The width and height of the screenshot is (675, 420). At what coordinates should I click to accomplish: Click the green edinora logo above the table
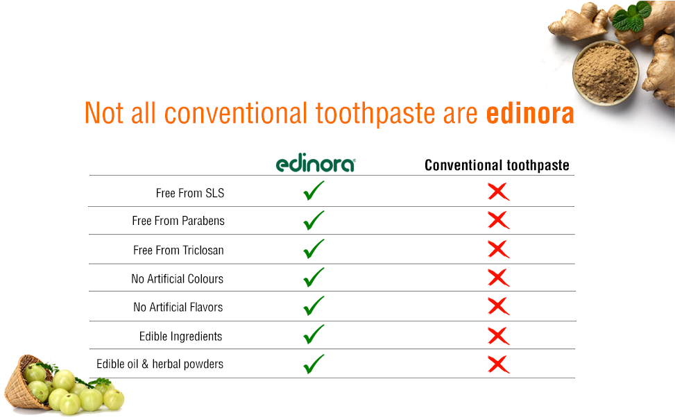[x=316, y=164]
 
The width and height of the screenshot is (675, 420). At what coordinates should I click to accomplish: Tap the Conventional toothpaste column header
[x=497, y=165]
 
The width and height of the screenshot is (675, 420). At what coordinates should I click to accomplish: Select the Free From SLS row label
[x=190, y=193]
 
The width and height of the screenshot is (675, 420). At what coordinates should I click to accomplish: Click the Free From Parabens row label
[x=178, y=221]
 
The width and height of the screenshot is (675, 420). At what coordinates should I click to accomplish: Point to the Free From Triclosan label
[x=178, y=250]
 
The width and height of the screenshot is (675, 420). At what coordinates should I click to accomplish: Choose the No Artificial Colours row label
[x=177, y=279]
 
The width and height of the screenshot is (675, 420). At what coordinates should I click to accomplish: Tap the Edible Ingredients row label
[x=180, y=337]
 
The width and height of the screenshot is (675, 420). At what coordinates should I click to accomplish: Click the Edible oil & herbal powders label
[x=160, y=364]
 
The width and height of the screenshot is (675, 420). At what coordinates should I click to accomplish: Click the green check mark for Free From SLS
[x=314, y=191]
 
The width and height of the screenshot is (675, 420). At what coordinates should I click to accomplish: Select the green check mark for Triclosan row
[x=314, y=249]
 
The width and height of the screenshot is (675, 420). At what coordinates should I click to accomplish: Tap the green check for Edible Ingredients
[x=314, y=335]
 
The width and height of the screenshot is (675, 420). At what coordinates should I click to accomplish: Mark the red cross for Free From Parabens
[x=498, y=221]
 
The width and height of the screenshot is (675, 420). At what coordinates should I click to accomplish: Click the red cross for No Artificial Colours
[x=498, y=278]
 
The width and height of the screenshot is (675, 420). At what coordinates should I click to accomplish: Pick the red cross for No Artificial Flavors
[x=498, y=306]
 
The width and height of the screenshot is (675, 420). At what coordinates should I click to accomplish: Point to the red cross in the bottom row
[x=498, y=364]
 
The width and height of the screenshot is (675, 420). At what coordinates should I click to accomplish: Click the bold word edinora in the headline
[x=530, y=114]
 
